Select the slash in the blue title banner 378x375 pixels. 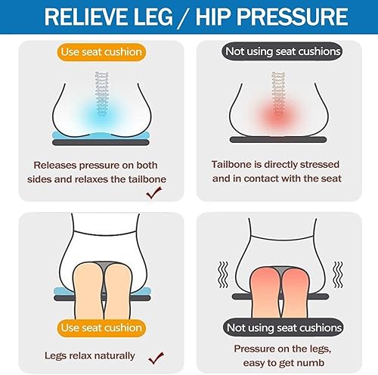pyautogui.click(x=184, y=17)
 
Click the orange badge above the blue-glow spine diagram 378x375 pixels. pyautogui.click(x=101, y=52)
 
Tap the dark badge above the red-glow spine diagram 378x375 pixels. pyautogui.click(x=282, y=51)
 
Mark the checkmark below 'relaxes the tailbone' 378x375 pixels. pyautogui.click(x=153, y=193)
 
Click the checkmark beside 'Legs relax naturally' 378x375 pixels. pyautogui.click(x=156, y=358)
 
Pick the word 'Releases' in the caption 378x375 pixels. pyautogui.click(x=55, y=166)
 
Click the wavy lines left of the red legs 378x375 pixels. pyautogui.click(x=223, y=274)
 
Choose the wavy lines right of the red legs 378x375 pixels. pyautogui.click(x=338, y=274)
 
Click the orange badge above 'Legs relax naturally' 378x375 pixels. pyautogui.click(x=101, y=328)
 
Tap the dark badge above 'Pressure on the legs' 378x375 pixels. pyautogui.click(x=283, y=327)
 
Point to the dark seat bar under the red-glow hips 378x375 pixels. pyautogui.click(x=278, y=140)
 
